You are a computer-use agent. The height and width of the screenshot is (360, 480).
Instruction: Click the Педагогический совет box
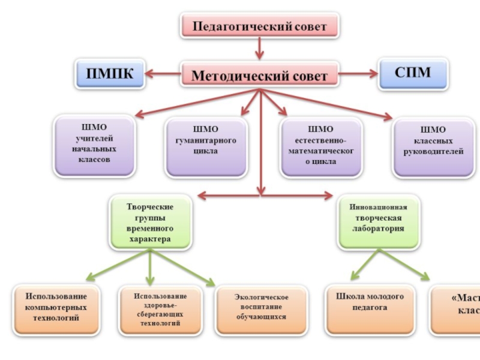(259, 26)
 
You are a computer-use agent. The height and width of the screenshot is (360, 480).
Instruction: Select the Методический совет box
(259, 76)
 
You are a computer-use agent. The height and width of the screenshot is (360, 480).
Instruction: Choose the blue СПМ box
(413, 73)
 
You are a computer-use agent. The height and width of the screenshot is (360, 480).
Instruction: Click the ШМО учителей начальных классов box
(94, 146)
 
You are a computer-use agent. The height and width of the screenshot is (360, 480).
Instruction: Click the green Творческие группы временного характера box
(150, 223)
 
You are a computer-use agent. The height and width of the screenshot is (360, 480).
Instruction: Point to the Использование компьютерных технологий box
(56, 309)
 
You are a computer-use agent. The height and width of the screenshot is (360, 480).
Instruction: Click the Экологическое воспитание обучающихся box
(262, 309)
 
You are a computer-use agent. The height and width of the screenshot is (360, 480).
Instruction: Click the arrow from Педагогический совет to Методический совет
(259, 48)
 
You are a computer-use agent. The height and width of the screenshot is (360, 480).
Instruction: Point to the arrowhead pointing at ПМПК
(150, 74)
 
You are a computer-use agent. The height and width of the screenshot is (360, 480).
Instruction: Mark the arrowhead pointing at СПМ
(373, 74)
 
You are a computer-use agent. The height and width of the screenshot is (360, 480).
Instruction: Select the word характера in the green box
(150, 239)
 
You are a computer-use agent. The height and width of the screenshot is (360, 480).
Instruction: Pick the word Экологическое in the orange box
(262, 298)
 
